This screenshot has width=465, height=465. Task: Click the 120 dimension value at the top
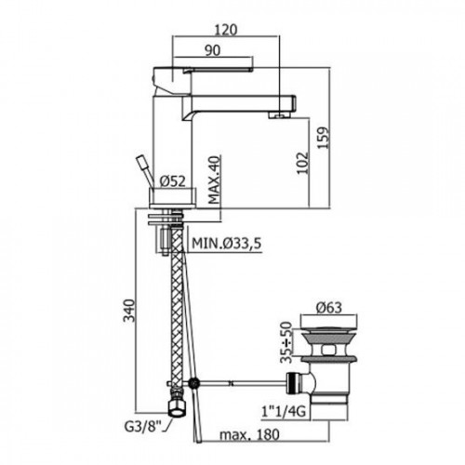[x=226, y=30]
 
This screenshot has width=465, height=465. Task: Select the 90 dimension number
[x=213, y=50]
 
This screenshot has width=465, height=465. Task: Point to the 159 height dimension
[x=324, y=138]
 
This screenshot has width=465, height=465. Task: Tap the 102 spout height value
[x=303, y=163]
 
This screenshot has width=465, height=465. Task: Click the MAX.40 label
[x=215, y=179]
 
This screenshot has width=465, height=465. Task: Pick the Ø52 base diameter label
[x=172, y=181]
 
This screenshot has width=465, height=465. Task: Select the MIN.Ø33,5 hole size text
[x=227, y=244]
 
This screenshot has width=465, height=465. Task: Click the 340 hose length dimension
[x=129, y=311]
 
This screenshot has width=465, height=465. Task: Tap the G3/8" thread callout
[x=143, y=427]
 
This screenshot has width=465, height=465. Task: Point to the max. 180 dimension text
[x=249, y=434]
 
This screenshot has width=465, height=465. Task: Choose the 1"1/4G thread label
[x=284, y=411]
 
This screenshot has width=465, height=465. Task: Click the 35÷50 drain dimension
[x=286, y=342]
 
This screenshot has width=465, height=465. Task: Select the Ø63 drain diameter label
[x=329, y=308]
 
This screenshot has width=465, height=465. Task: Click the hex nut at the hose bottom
[x=177, y=406]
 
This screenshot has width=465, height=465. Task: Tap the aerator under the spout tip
[x=280, y=115]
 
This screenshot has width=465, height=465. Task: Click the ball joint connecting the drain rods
[x=194, y=383]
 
